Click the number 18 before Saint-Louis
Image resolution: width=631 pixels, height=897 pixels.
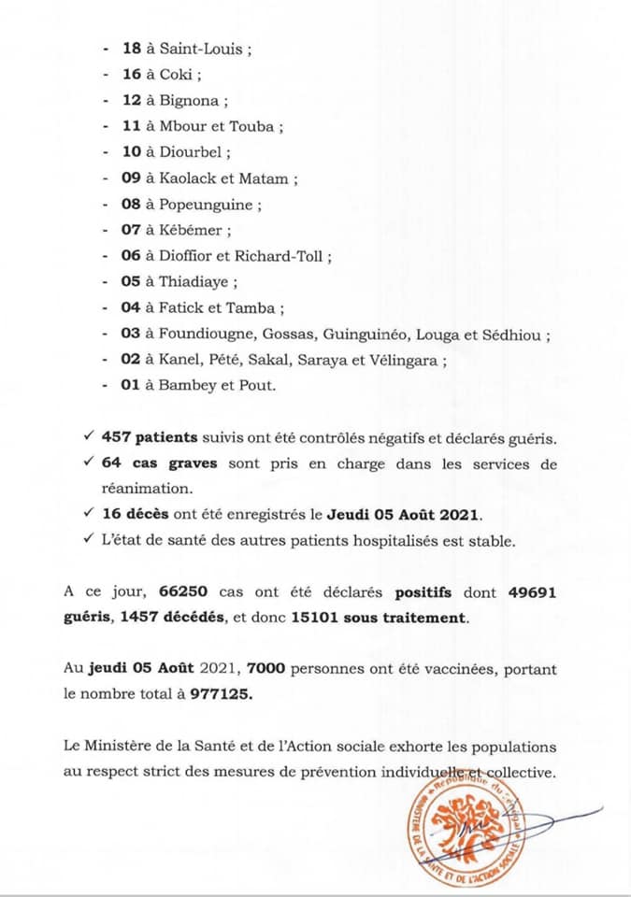tap(132, 49)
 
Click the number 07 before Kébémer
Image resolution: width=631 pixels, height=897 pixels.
tap(132, 230)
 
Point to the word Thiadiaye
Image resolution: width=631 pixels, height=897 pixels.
tap(197, 281)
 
